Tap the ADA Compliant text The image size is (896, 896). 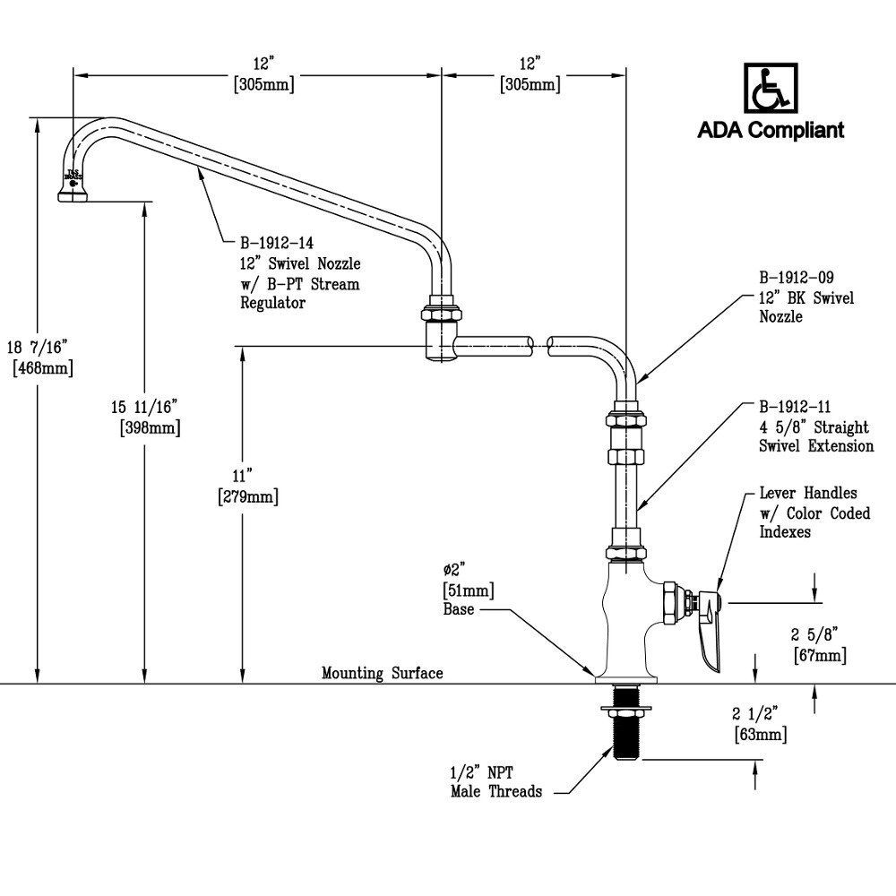click(x=771, y=131)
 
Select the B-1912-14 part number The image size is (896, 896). click(x=275, y=242)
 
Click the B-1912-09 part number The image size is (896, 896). click(x=797, y=277)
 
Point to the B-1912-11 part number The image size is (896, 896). click(x=797, y=406)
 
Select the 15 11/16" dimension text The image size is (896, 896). click(x=149, y=407)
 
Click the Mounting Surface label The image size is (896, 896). click(x=383, y=673)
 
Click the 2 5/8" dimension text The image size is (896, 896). click(x=816, y=634)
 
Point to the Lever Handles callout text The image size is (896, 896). click(x=807, y=512)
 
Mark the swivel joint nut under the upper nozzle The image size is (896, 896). click(x=441, y=315)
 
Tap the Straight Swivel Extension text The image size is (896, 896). click(x=815, y=437)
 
